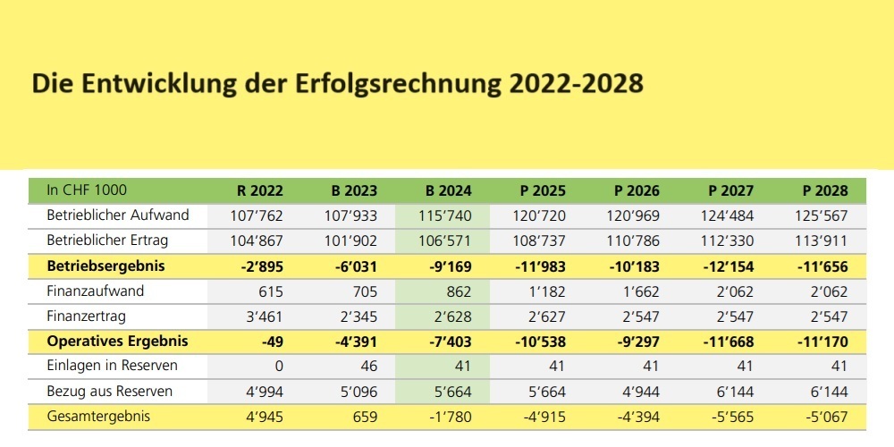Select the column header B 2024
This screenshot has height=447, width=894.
tap(448, 190)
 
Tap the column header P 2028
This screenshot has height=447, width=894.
tap(823, 190)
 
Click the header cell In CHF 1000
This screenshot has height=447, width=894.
tap(87, 190)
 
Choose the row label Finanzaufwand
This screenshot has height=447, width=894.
tap(96, 291)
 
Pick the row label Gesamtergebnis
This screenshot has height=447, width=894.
tap(99, 417)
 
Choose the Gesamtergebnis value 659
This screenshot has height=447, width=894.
tap(363, 417)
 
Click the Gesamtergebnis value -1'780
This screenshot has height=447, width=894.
tap(451, 417)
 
